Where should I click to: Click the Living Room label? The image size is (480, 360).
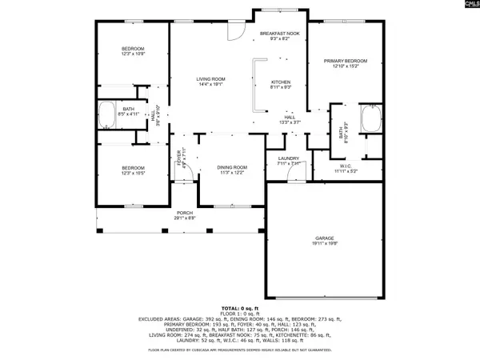coord(211,78)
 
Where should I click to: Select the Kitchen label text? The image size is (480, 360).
coord(279,82)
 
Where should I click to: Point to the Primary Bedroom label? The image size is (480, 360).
coord(346,61)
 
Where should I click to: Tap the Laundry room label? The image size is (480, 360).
coord(288,158)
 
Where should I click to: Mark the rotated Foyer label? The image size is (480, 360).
coord(178,158)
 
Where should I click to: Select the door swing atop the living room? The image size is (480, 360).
coord(235,31)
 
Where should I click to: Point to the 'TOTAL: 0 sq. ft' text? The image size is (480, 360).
coord(239,307)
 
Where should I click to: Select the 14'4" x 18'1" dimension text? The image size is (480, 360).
coord(211,85)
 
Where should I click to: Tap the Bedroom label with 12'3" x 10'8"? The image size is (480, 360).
coord(132,49)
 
